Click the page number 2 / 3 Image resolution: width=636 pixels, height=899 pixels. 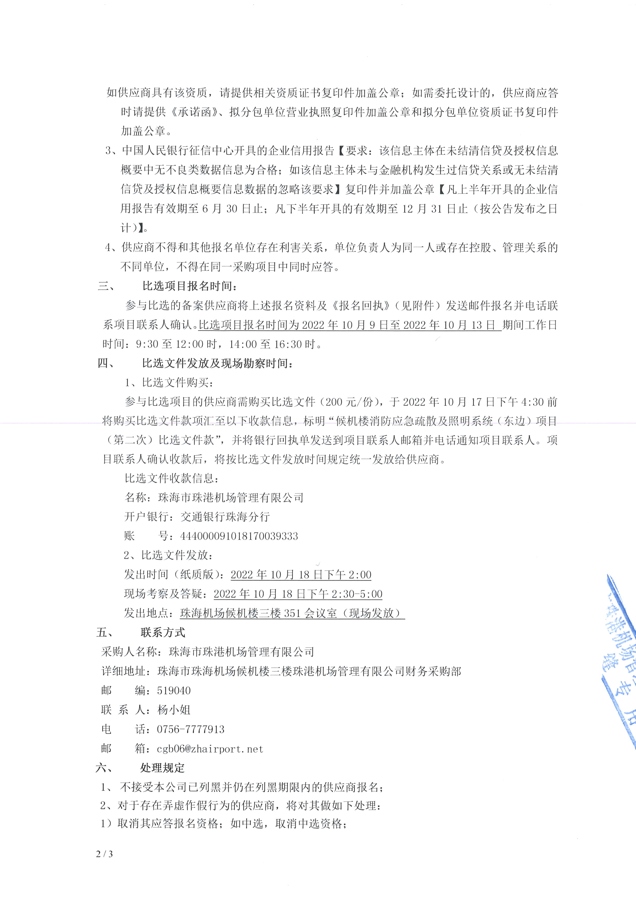pos(104,854)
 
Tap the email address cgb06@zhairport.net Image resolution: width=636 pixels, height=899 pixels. pos(210,749)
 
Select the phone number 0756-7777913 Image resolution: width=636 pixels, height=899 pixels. pos(191,730)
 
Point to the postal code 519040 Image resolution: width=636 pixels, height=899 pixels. pos(174,691)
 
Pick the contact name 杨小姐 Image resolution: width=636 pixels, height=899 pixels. pos(174,710)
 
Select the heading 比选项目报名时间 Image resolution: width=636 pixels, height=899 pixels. pos(190,286)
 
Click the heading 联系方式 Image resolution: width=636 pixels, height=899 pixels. pos(163,632)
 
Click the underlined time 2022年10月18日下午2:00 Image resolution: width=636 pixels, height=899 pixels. pos(301,575)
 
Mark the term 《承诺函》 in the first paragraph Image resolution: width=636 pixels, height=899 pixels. pos(194,112)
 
